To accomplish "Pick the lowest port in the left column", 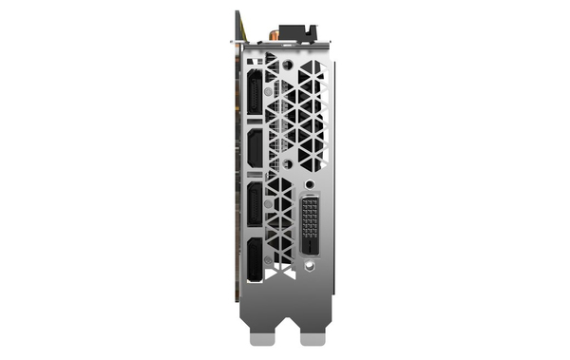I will click(x=257, y=260).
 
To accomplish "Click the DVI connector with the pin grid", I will click(x=315, y=226).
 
